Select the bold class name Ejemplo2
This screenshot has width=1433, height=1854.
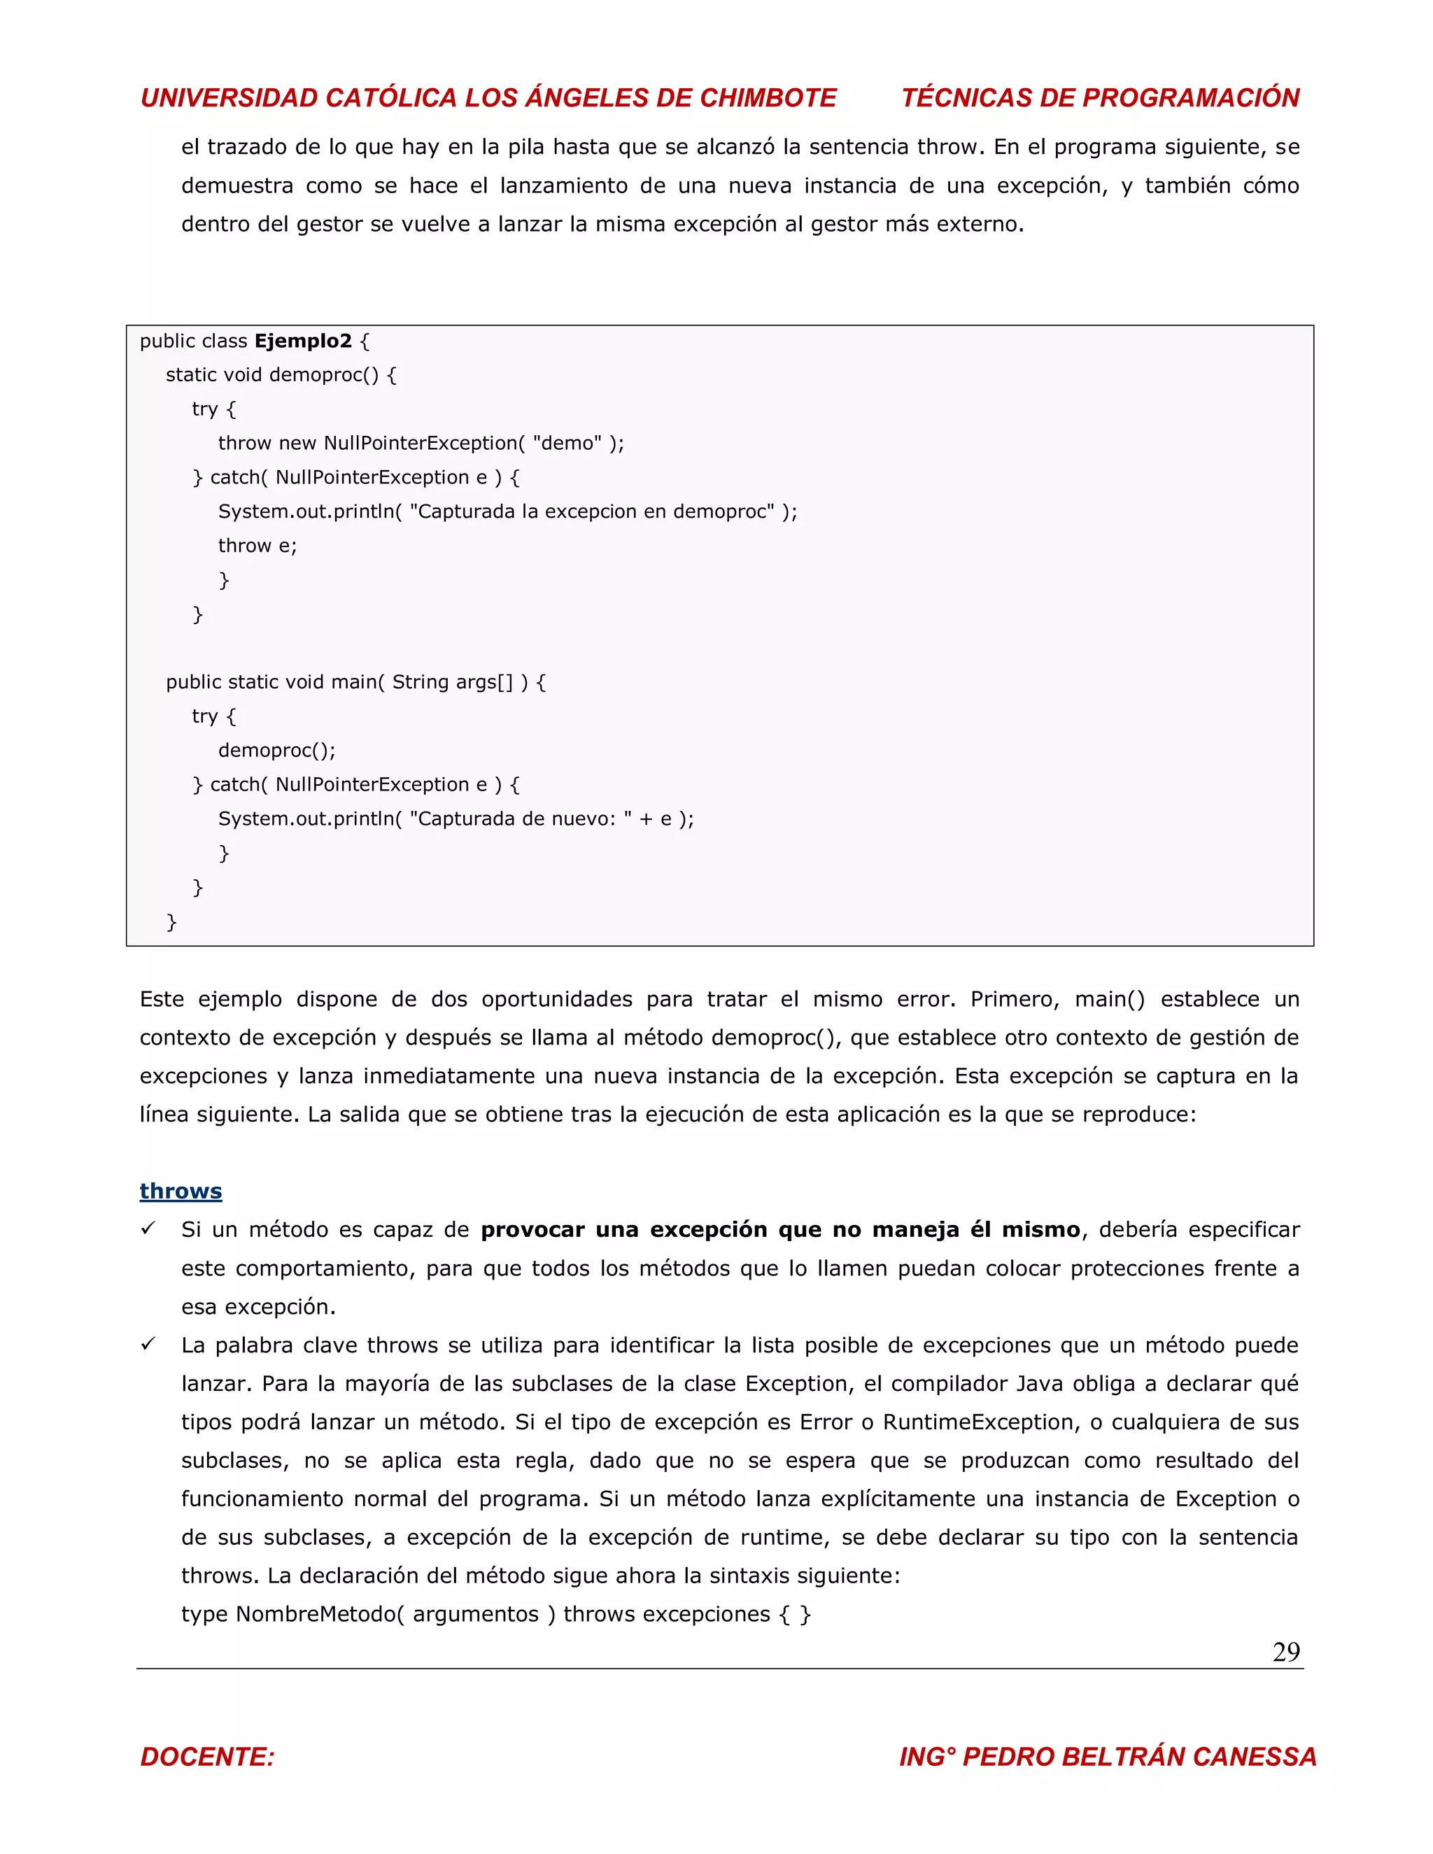pyautogui.click(x=303, y=341)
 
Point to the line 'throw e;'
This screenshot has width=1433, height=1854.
pyautogui.click(x=257, y=546)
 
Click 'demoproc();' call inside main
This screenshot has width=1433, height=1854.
pyautogui.click(x=277, y=751)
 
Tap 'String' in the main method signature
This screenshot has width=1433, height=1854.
pyautogui.click(x=419, y=683)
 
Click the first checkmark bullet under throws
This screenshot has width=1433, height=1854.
pyautogui.click(x=148, y=1229)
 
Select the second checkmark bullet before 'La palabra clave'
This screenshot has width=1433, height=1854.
pyautogui.click(x=148, y=1344)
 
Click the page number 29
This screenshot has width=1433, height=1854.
pyautogui.click(x=1285, y=1652)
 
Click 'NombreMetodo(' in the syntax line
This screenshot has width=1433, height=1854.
pyautogui.click(x=319, y=1615)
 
